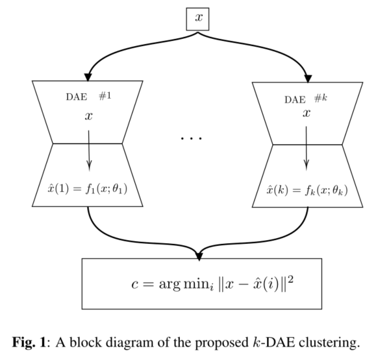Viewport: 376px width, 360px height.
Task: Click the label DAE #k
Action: pos(306,99)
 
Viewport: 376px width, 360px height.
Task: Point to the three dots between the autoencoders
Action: pos(192,138)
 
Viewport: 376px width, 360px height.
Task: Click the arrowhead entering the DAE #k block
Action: pos(307,77)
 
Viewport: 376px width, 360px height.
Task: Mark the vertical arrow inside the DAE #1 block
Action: pos(88,150)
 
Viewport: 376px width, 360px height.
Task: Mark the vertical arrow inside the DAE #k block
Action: pos(306,150)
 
